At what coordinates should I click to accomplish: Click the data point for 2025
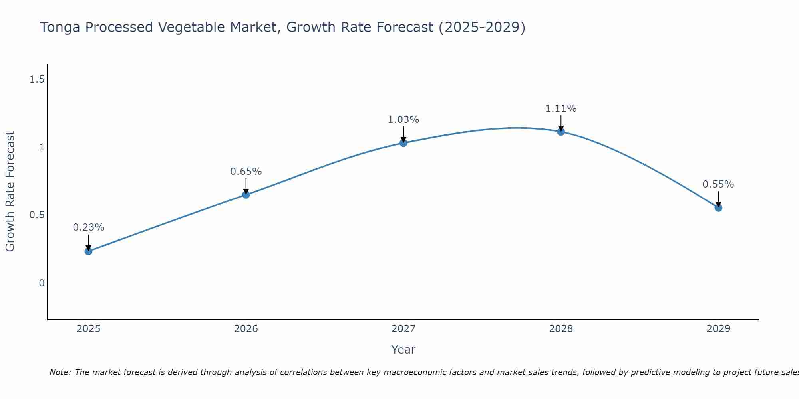[x=89, y=251]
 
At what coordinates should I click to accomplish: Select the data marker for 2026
[x=246, y=195]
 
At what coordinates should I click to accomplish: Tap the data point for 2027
[x=403, y=143]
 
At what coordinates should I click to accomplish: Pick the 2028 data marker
[x=561, y=132]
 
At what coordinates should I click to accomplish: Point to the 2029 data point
[x=718, y=208]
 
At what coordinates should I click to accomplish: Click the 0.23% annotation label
[x=89, y=227]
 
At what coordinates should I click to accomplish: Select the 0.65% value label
[x=246, y=172]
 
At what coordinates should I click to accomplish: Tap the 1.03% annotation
[x=403, y=120]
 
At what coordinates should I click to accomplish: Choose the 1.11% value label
[x=561, y=109]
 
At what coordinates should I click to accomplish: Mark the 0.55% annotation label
[x=718, y=184]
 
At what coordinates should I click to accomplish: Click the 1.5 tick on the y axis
[x=37, y=80]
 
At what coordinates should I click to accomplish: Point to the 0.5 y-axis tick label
[x=37, y=215]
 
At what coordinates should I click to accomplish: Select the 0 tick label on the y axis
[x=42, y=283]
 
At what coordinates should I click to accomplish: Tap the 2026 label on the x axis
[x=246, y=329]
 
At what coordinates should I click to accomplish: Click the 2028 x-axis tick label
[x=561, y=329]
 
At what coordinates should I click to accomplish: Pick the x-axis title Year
[x=403, y=350]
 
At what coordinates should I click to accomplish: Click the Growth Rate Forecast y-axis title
[x=10, y=192]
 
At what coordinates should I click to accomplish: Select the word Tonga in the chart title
[x=61, y=28]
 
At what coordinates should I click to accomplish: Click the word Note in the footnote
[x=60, y=372]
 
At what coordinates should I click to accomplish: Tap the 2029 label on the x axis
[x=718, y=329]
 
